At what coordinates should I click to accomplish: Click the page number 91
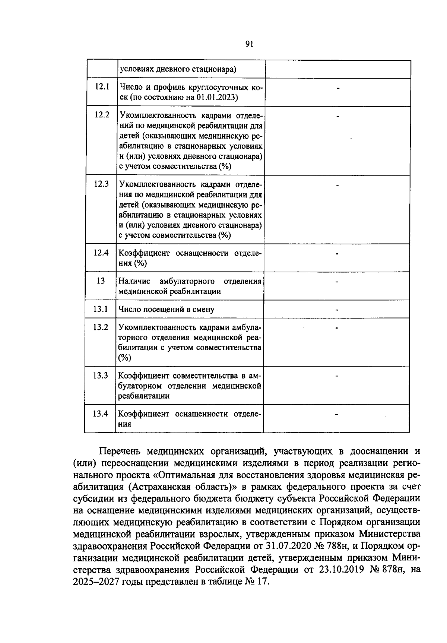pos(250,44)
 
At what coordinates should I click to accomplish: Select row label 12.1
pos(102,87)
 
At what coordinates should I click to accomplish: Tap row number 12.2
pos(102,115)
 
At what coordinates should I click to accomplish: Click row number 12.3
pos(101,184)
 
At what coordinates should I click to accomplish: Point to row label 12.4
pos(101,253)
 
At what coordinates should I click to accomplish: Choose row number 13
pos(101,281)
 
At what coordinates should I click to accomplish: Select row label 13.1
pos(101,309)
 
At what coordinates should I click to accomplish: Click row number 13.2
pos(101,327)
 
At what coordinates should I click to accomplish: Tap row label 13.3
pos(101,375)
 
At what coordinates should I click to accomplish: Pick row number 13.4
pos(101,414)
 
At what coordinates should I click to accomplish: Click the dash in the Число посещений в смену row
pos(337,310)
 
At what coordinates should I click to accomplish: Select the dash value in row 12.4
pos(337,254)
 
